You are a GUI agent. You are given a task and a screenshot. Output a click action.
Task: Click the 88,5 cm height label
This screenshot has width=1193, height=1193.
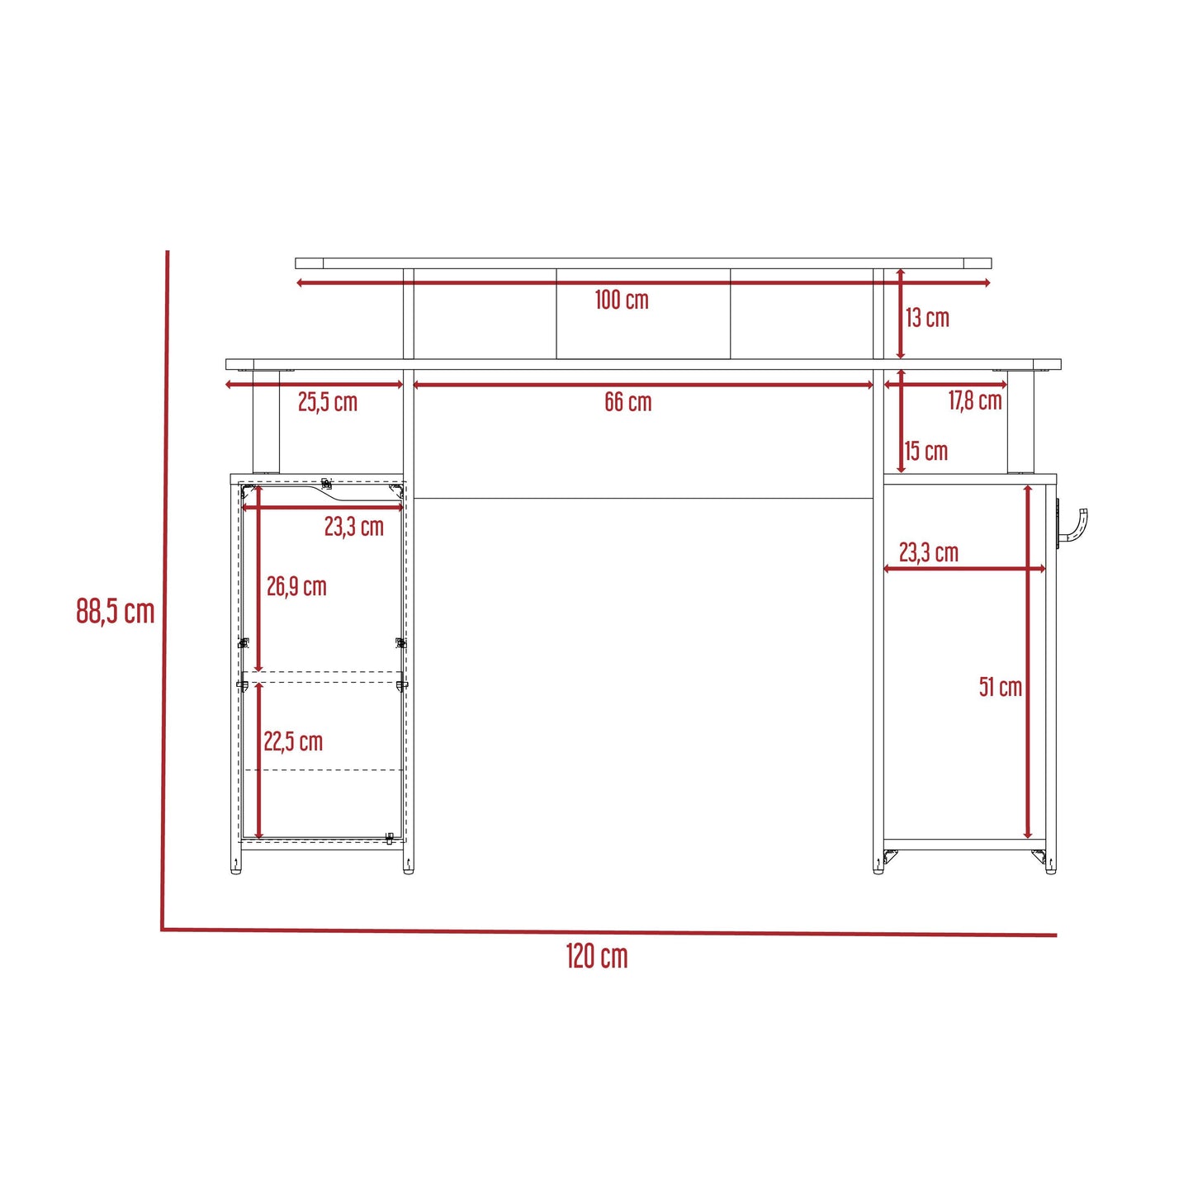(115, 611)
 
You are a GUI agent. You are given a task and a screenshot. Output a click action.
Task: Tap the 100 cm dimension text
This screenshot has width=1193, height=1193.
(622, 301)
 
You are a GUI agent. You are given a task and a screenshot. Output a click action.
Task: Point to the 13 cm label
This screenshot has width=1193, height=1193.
(927, 318)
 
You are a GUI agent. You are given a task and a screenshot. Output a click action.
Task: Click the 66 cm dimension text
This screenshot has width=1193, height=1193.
(627, 402)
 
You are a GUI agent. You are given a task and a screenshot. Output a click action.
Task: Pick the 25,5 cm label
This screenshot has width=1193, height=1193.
(328, 402)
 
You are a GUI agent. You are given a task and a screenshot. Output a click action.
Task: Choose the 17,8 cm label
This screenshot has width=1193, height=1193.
(975, 401)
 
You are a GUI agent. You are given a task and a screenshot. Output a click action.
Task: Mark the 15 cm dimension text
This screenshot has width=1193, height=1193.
(926, 452)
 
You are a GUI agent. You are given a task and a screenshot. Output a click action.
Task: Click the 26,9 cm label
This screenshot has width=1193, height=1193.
(296, 587)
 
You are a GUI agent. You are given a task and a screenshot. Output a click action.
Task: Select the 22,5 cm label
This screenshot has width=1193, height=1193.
(293, 741)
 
